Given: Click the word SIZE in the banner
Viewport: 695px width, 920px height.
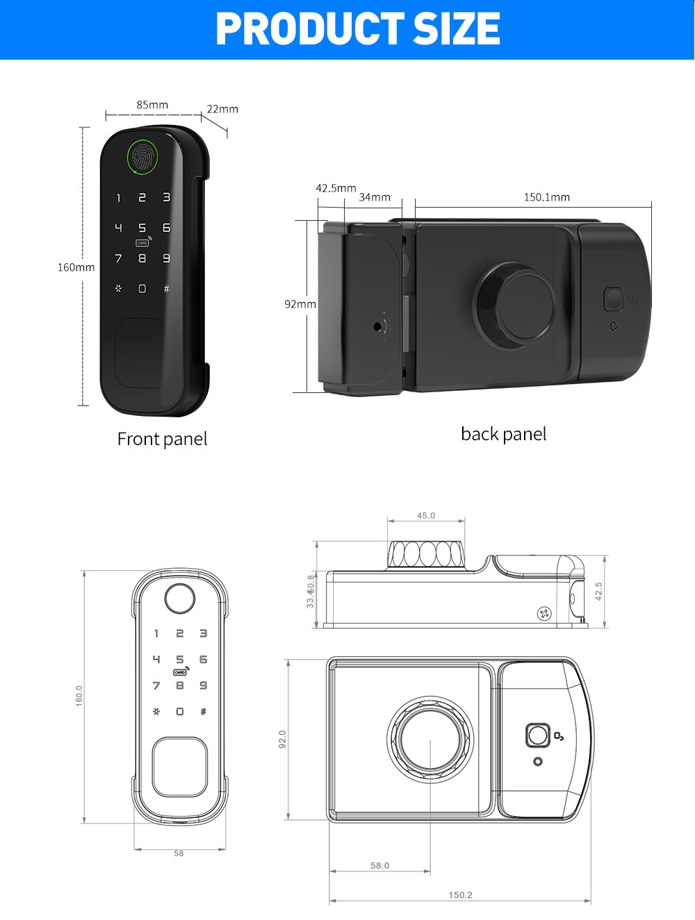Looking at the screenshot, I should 457,29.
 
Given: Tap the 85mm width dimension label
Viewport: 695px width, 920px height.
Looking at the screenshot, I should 152,105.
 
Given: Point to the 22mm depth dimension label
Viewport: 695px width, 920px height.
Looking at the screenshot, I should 222,109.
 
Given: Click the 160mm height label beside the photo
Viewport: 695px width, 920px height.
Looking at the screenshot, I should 76,267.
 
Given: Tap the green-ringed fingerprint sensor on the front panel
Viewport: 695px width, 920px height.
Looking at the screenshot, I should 142,157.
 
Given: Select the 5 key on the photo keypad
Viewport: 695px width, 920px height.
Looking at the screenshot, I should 142,228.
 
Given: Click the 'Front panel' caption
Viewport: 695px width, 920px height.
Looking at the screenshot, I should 162,439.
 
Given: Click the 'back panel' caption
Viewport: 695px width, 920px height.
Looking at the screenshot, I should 503,434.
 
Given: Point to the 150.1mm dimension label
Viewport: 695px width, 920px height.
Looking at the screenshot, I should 546,197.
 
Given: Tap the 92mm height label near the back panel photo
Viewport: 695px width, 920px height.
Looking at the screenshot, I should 300,304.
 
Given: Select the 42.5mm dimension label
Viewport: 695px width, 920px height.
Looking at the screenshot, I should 336,188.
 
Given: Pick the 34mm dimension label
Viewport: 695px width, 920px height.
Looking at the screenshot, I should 375,197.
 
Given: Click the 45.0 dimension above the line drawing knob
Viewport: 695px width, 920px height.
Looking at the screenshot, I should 426,516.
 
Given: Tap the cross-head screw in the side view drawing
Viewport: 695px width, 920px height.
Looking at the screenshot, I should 544,613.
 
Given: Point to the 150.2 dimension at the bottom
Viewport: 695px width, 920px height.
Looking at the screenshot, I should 460,895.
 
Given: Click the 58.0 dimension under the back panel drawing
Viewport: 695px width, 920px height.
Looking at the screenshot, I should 380,866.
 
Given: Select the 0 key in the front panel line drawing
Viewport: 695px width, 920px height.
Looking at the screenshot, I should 180,712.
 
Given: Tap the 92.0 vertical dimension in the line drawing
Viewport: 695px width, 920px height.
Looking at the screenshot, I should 283,739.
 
